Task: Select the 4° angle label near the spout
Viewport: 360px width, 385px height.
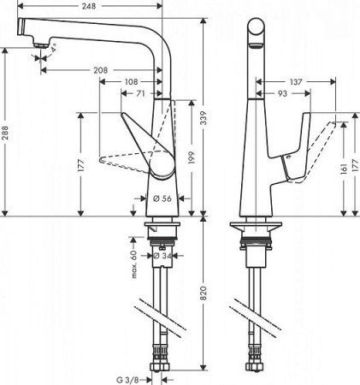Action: (x=54, y=50)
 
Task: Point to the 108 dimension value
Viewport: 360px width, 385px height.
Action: (x=131, y=82)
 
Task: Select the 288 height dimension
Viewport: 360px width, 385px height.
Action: (x=8, y=133)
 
